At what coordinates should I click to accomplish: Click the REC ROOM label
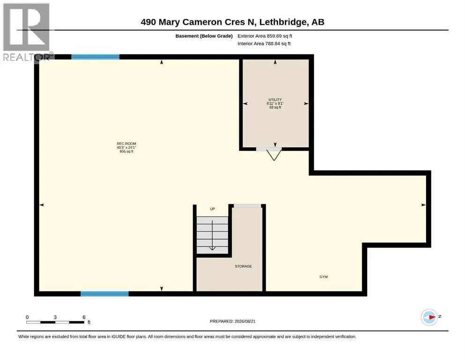[126, 143]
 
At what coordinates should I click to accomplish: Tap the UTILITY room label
[275, 100]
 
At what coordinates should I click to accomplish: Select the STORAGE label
[244, 266]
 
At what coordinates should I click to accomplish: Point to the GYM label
[324, 277]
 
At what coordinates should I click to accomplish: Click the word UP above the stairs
[212, 209]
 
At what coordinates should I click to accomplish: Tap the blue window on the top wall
[95, 57]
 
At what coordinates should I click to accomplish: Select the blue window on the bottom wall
[105, 294]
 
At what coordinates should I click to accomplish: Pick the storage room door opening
[247, 206]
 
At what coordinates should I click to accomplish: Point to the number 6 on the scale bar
[84, 317]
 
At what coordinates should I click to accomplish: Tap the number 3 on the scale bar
[55, 317]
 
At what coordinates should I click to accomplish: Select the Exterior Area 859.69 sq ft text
[265, 36]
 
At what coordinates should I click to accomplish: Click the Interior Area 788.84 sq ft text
[264, 44]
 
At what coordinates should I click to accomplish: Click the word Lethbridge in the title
[283, 22]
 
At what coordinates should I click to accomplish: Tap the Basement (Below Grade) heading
[204, 36]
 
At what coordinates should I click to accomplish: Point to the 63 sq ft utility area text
[275, 107]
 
